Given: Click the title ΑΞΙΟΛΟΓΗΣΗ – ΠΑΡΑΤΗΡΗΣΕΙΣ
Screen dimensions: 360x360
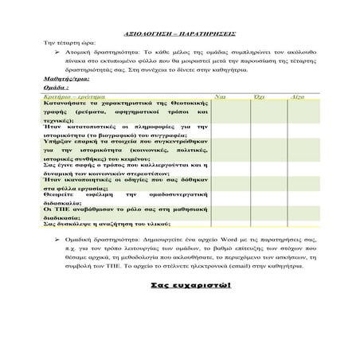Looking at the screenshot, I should [179, 37].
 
